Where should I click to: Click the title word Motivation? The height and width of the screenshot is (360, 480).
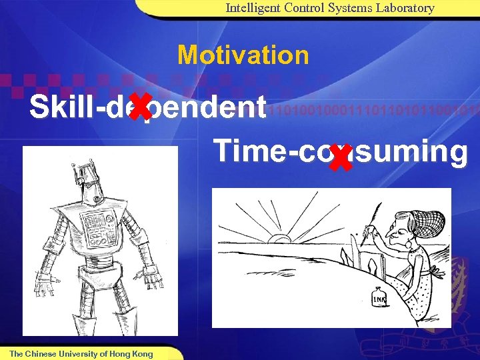243,55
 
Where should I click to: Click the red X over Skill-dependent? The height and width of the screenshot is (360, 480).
139,108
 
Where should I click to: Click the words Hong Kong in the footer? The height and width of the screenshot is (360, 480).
131,353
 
